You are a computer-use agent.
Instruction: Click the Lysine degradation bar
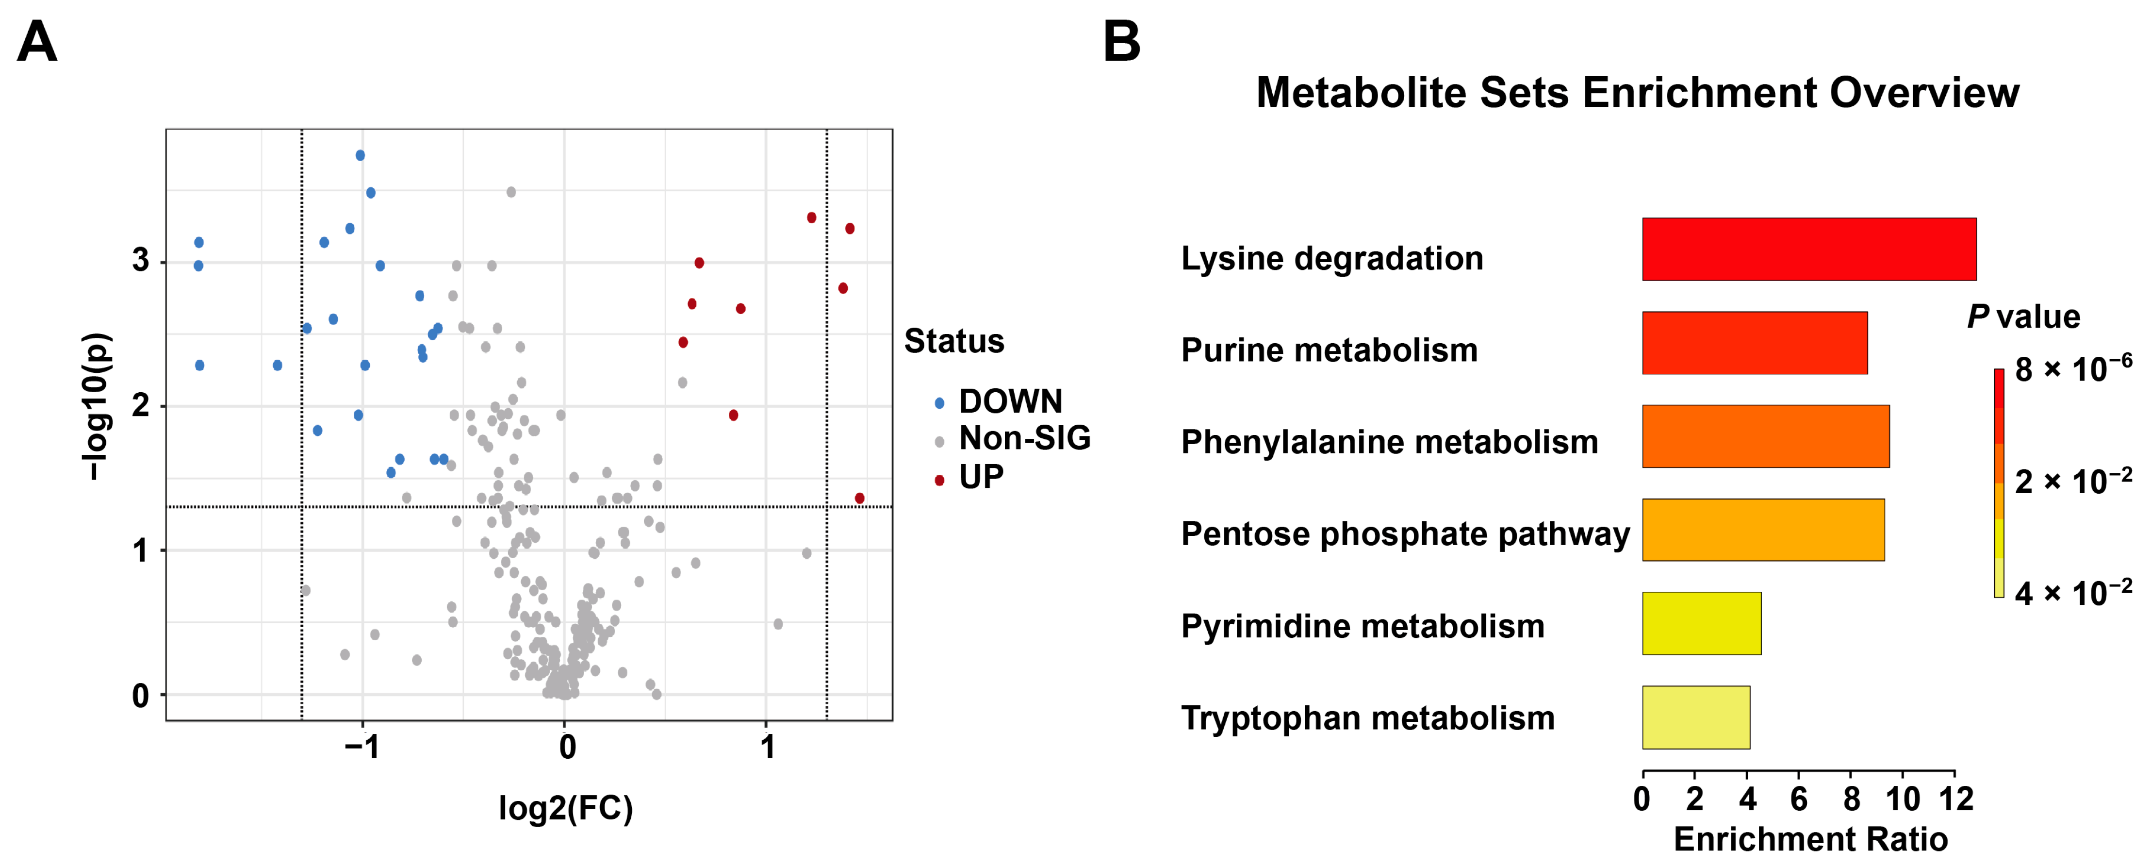[x=1808, y=250]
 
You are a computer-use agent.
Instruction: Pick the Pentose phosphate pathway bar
[x=1763, y=530]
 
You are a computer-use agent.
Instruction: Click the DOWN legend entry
[x=1009, y=401]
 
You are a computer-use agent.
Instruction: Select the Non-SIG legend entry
[x=1023, y=438]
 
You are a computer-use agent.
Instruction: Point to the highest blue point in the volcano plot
[x=360, y=155]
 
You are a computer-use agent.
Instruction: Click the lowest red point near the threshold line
[x=859, y=499]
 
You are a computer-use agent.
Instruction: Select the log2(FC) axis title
[x=565, y=808]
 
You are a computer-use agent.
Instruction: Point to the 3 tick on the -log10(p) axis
[x=140, y=261]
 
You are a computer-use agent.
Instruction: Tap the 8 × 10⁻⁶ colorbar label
[x=2072, y=369]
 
